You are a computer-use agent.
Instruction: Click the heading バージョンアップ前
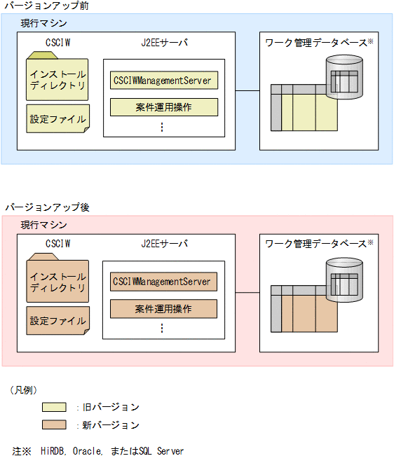click(x=44, y=6)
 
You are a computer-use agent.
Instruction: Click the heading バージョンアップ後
click(x=44, y=208)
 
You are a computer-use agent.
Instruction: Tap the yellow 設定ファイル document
click(x=58, y=118)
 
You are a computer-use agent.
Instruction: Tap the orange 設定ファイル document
click(x=58, y=321)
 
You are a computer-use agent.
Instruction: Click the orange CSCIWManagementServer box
click(x=163, y=282)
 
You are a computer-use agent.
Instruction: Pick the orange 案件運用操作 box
click(x=163, y=309)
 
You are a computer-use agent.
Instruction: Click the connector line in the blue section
click(x=247, y=90)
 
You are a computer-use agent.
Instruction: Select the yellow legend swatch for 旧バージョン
click(x=54, y=406)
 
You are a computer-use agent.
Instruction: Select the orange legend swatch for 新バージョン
click(x=54, y=424)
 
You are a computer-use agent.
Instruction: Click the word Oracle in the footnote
click(x=88, y=450)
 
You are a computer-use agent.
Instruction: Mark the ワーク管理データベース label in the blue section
click(x=315, y=43)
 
